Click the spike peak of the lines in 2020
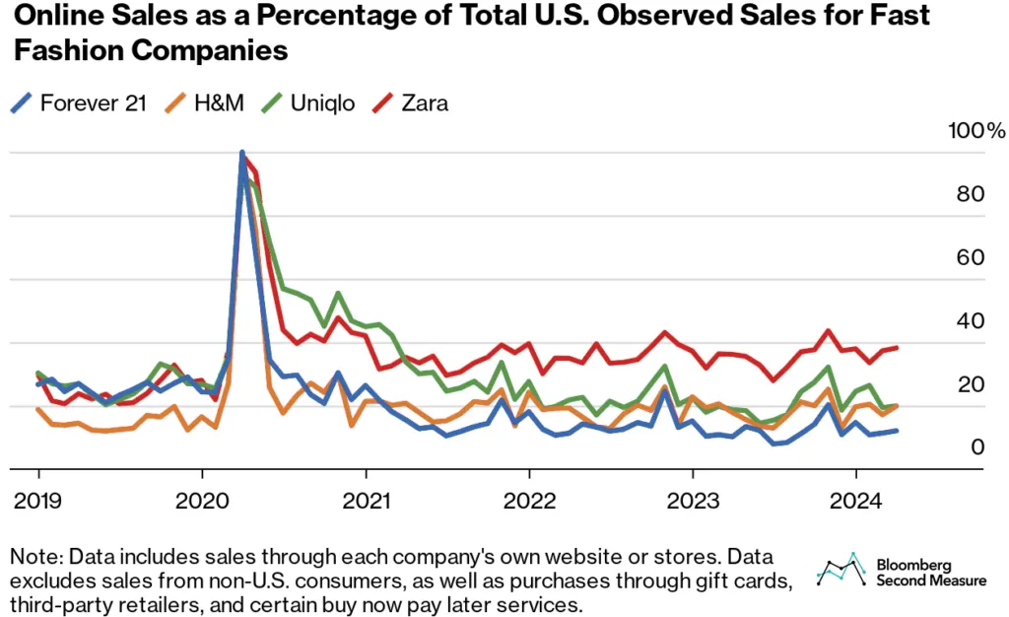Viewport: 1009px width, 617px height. (242, 154)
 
